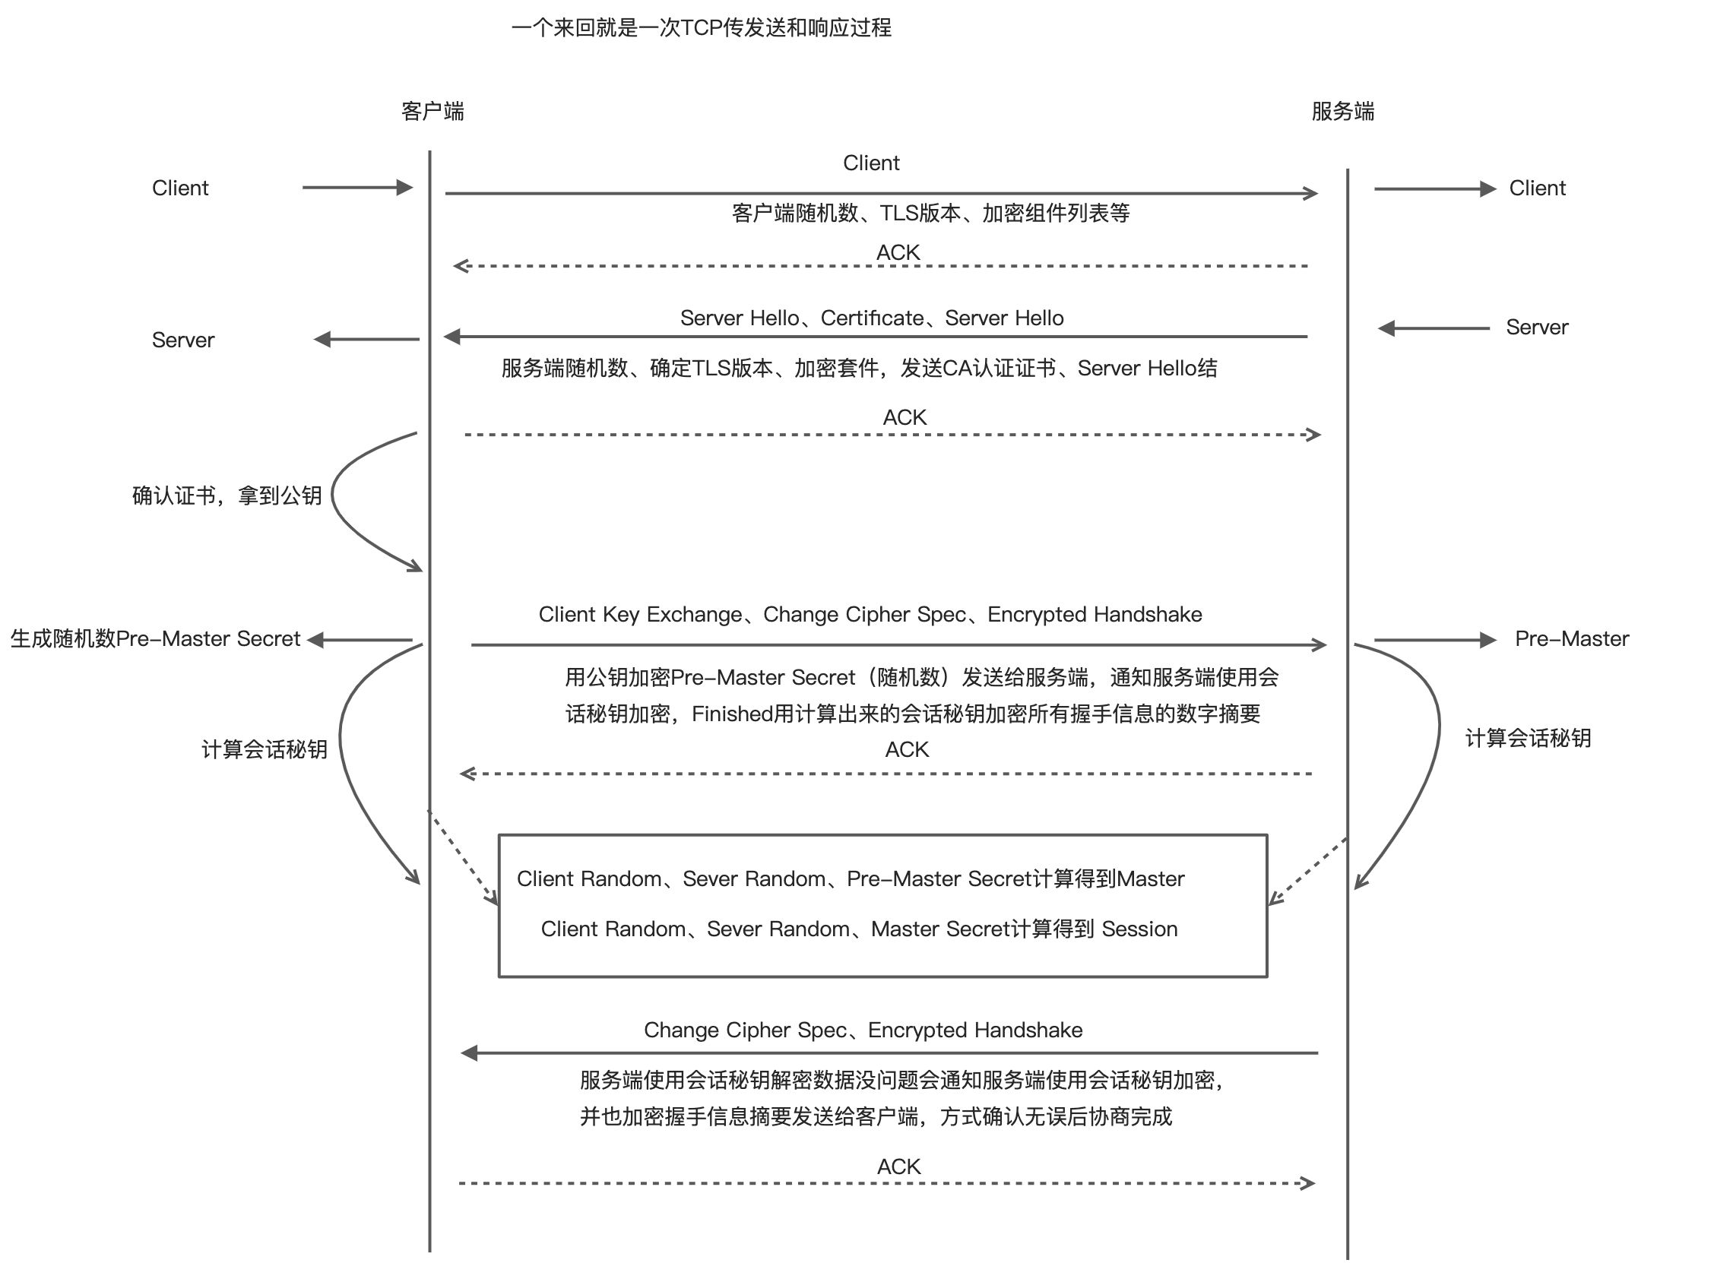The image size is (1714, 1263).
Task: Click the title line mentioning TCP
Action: pos(701,28)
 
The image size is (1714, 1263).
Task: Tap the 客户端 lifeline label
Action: pos(432,112)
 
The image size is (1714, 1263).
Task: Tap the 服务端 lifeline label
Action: pos(1342,112)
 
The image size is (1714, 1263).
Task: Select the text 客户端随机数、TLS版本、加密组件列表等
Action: pos(930,214)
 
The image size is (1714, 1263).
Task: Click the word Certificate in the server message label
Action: pos(872,318)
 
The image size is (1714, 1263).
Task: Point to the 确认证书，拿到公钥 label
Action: pos(227,496)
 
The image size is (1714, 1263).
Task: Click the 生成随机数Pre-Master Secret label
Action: pos(155,639)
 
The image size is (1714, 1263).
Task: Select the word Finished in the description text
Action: pos(733,714)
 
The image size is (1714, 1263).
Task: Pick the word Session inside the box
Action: pos(1139,929)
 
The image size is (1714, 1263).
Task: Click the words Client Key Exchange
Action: pos(640,615)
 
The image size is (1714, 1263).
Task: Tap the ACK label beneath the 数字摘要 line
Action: pos(907,749)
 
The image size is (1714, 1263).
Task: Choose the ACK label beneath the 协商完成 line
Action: pos(899,1166)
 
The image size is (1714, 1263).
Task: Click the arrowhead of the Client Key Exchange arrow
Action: pos(1320,645)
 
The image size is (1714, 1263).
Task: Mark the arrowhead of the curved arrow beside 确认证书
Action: pos(416,567)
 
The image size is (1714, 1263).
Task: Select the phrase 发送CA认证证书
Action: pos(977,369)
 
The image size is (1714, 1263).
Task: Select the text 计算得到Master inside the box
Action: pos(1108,879)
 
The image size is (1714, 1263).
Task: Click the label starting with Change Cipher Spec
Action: pos(863,1030)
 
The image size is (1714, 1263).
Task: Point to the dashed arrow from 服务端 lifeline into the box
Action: pos(1307,872)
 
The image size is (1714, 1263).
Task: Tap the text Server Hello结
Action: pos(1148,369)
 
